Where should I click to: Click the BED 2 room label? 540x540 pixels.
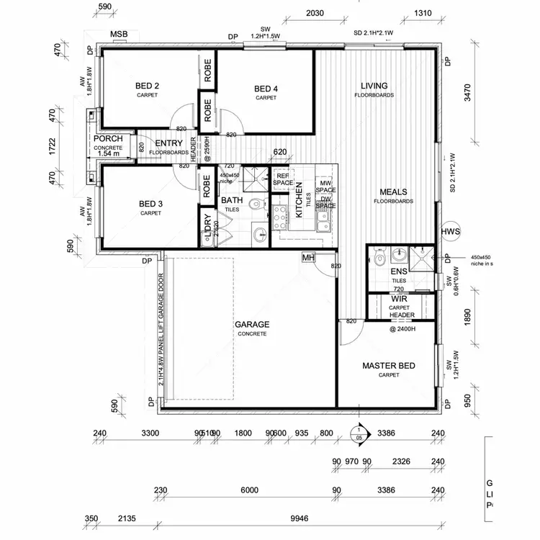(x=147, y=86)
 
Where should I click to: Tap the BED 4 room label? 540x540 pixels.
(x=266, y=89)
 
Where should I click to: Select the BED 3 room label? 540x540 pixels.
(x=150, y=204)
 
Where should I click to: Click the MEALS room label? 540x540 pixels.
(x=393, y=192)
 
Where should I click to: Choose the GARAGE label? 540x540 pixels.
(x=251, y=325)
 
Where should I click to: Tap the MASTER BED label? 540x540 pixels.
(x=388, y=366)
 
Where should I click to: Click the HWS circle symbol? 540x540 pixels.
(x=450, y=231)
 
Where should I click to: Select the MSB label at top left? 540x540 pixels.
(x=118, y=35)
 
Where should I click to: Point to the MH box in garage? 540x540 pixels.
(x=308, y=257)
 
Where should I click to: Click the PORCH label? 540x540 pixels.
(x=107, y=139)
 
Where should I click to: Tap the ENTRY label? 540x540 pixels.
(x=168, y=144)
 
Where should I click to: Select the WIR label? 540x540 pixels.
(x=400, y=299)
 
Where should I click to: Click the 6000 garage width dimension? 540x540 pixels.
(x=249, y=490)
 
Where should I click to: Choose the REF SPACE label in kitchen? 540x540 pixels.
(x=282, y=179)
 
